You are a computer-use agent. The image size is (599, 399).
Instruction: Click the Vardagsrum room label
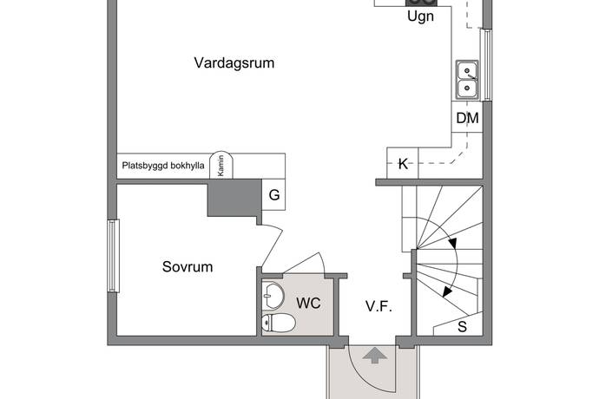[234, 63]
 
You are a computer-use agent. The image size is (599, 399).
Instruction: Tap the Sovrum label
[188, 266]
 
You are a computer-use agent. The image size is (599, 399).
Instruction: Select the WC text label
[308, 304]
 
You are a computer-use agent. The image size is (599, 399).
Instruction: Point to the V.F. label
[378, 306]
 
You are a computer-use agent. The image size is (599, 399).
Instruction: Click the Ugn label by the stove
[420, 16]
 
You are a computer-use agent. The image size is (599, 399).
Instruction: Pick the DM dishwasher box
[467, 117]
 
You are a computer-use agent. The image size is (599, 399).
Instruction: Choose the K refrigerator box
[403, 163]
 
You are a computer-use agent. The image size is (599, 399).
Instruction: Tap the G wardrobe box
[273, 194]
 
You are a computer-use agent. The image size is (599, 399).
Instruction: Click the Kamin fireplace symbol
[221, 166]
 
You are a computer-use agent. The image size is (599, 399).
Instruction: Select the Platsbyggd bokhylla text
[163, 166]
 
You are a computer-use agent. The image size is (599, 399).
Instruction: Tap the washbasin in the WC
[273, 296]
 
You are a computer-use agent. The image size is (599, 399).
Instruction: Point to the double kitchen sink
[467, 80]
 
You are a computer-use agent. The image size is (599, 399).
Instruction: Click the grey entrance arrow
[375, 355]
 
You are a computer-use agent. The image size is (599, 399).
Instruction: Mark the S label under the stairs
[462, 327]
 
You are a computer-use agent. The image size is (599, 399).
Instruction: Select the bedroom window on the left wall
[114, 256]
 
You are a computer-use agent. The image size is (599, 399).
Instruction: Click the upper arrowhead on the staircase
[453, 243]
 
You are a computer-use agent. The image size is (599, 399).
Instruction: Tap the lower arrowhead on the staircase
[447, 291]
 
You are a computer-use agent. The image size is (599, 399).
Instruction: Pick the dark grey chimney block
[234, 198]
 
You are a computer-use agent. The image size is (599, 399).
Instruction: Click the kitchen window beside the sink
[488, 65]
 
